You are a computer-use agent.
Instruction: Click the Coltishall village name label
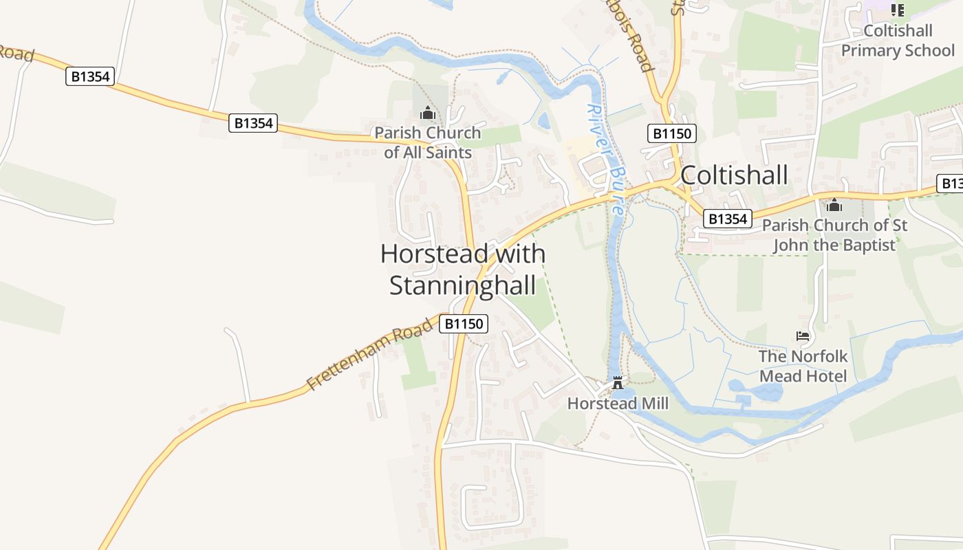734,175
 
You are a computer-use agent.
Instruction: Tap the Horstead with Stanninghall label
463,269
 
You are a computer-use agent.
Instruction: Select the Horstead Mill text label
617,404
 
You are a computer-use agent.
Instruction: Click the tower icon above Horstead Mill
617,382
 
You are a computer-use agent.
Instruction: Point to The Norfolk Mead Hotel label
803,366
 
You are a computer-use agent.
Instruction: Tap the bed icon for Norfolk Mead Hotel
803,336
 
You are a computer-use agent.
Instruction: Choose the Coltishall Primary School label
898,41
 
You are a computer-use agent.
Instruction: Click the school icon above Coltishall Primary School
898,10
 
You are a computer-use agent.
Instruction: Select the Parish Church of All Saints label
428,142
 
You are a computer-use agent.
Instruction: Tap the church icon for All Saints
428,113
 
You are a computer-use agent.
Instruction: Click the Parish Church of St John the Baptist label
834,235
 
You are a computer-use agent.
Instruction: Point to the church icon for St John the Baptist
834,205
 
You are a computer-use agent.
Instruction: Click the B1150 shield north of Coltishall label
672,133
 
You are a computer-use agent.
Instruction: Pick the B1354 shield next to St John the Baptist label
727,219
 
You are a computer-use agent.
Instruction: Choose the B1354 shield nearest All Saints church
253,124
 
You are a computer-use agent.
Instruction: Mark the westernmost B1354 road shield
90,76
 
